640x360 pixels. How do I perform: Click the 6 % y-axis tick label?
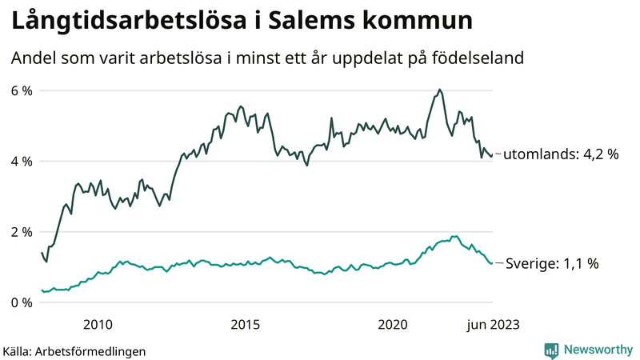[22, 90]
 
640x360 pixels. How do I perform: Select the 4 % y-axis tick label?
[22, 161]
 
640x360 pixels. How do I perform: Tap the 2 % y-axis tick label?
[22, 232]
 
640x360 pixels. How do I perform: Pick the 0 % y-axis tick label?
[22, 302]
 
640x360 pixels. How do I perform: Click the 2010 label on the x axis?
[97, 324]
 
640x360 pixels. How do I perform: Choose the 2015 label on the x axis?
[245, 324]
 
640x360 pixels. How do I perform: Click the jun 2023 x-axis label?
[491, 324]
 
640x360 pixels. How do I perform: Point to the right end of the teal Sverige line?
[492, 262]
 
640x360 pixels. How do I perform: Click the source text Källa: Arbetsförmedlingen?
[74, 350]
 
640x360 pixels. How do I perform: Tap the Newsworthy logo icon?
[551, 350]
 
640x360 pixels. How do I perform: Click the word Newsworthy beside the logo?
[597, 350]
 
